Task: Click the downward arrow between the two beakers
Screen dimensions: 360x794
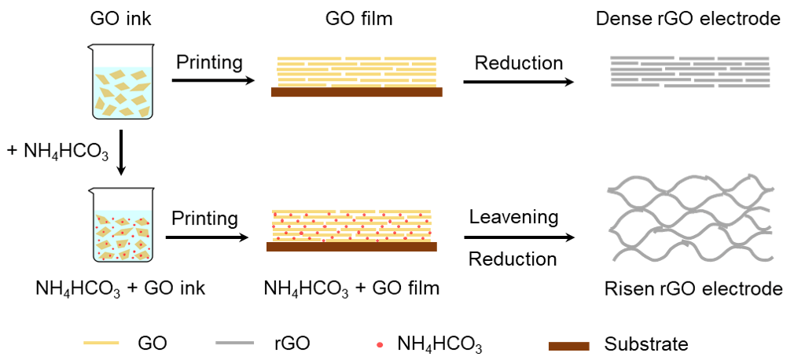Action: point(121,154)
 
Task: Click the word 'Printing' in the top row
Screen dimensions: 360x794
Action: point(209,62)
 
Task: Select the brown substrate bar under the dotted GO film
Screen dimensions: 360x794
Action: point(352,247)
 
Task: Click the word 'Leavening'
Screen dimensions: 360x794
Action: point(513,216)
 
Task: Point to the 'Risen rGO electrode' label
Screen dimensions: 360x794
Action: point(693,288)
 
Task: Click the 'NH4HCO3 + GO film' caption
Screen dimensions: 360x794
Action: point(351,288)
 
